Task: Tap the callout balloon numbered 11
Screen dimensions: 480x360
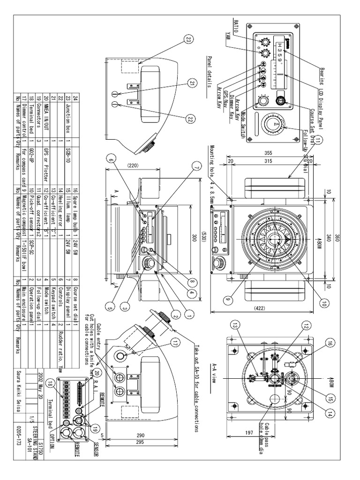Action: pyautogui.click(x=318, y=140)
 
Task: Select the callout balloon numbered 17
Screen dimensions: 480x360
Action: pyautogui.click(x=176, y=342)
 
